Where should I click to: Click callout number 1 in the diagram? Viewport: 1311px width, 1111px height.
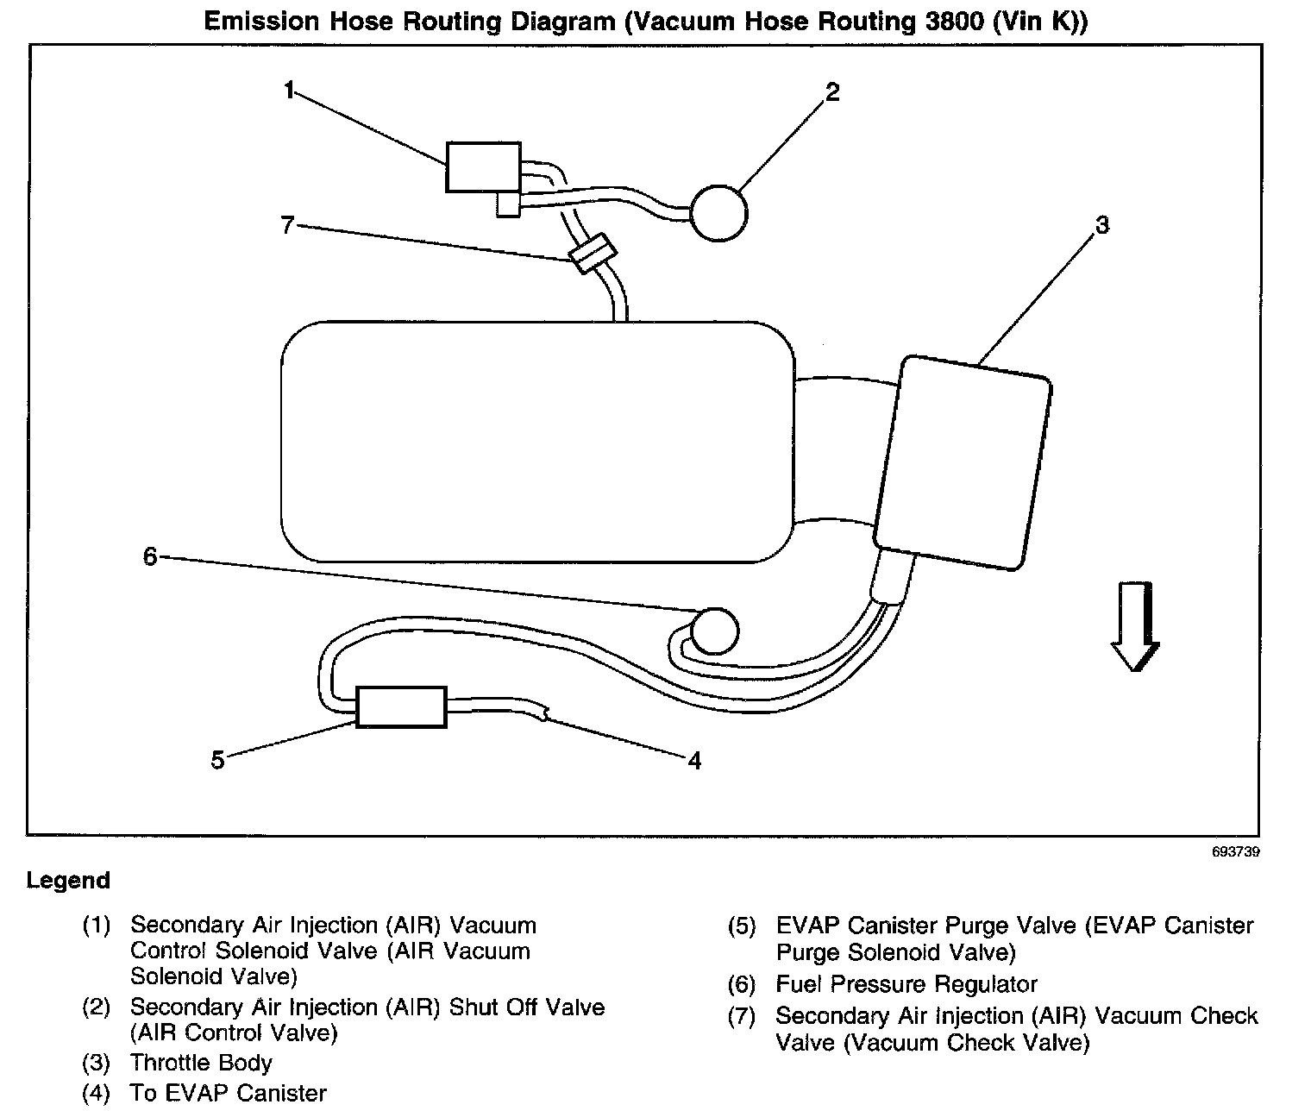[290, 90]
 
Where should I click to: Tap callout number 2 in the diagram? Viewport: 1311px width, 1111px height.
[831, 92]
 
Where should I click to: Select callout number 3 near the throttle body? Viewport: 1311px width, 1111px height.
[1101, 225]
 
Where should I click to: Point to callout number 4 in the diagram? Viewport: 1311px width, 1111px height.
[694, 761]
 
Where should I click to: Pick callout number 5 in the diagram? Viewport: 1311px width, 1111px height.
[217, 761]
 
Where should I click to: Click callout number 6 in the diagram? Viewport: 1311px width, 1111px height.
[150, 557]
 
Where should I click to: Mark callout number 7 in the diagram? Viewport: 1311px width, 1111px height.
[287, 226]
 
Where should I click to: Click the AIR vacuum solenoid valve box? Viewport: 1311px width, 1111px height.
[483, 167]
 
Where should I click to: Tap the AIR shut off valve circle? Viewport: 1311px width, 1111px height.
[719, 212]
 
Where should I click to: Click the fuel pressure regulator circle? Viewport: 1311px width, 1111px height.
[716, 630]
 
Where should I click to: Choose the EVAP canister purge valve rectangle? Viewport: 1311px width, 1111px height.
[401, 707]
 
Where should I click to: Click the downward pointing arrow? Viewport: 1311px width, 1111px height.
[1134, 626]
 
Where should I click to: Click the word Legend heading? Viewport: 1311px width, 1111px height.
[69, 881]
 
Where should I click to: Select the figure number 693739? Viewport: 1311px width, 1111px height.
[1236, 851]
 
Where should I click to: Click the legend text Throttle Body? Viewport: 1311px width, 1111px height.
[201, 1063]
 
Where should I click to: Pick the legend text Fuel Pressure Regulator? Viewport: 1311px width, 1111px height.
[906, 984]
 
